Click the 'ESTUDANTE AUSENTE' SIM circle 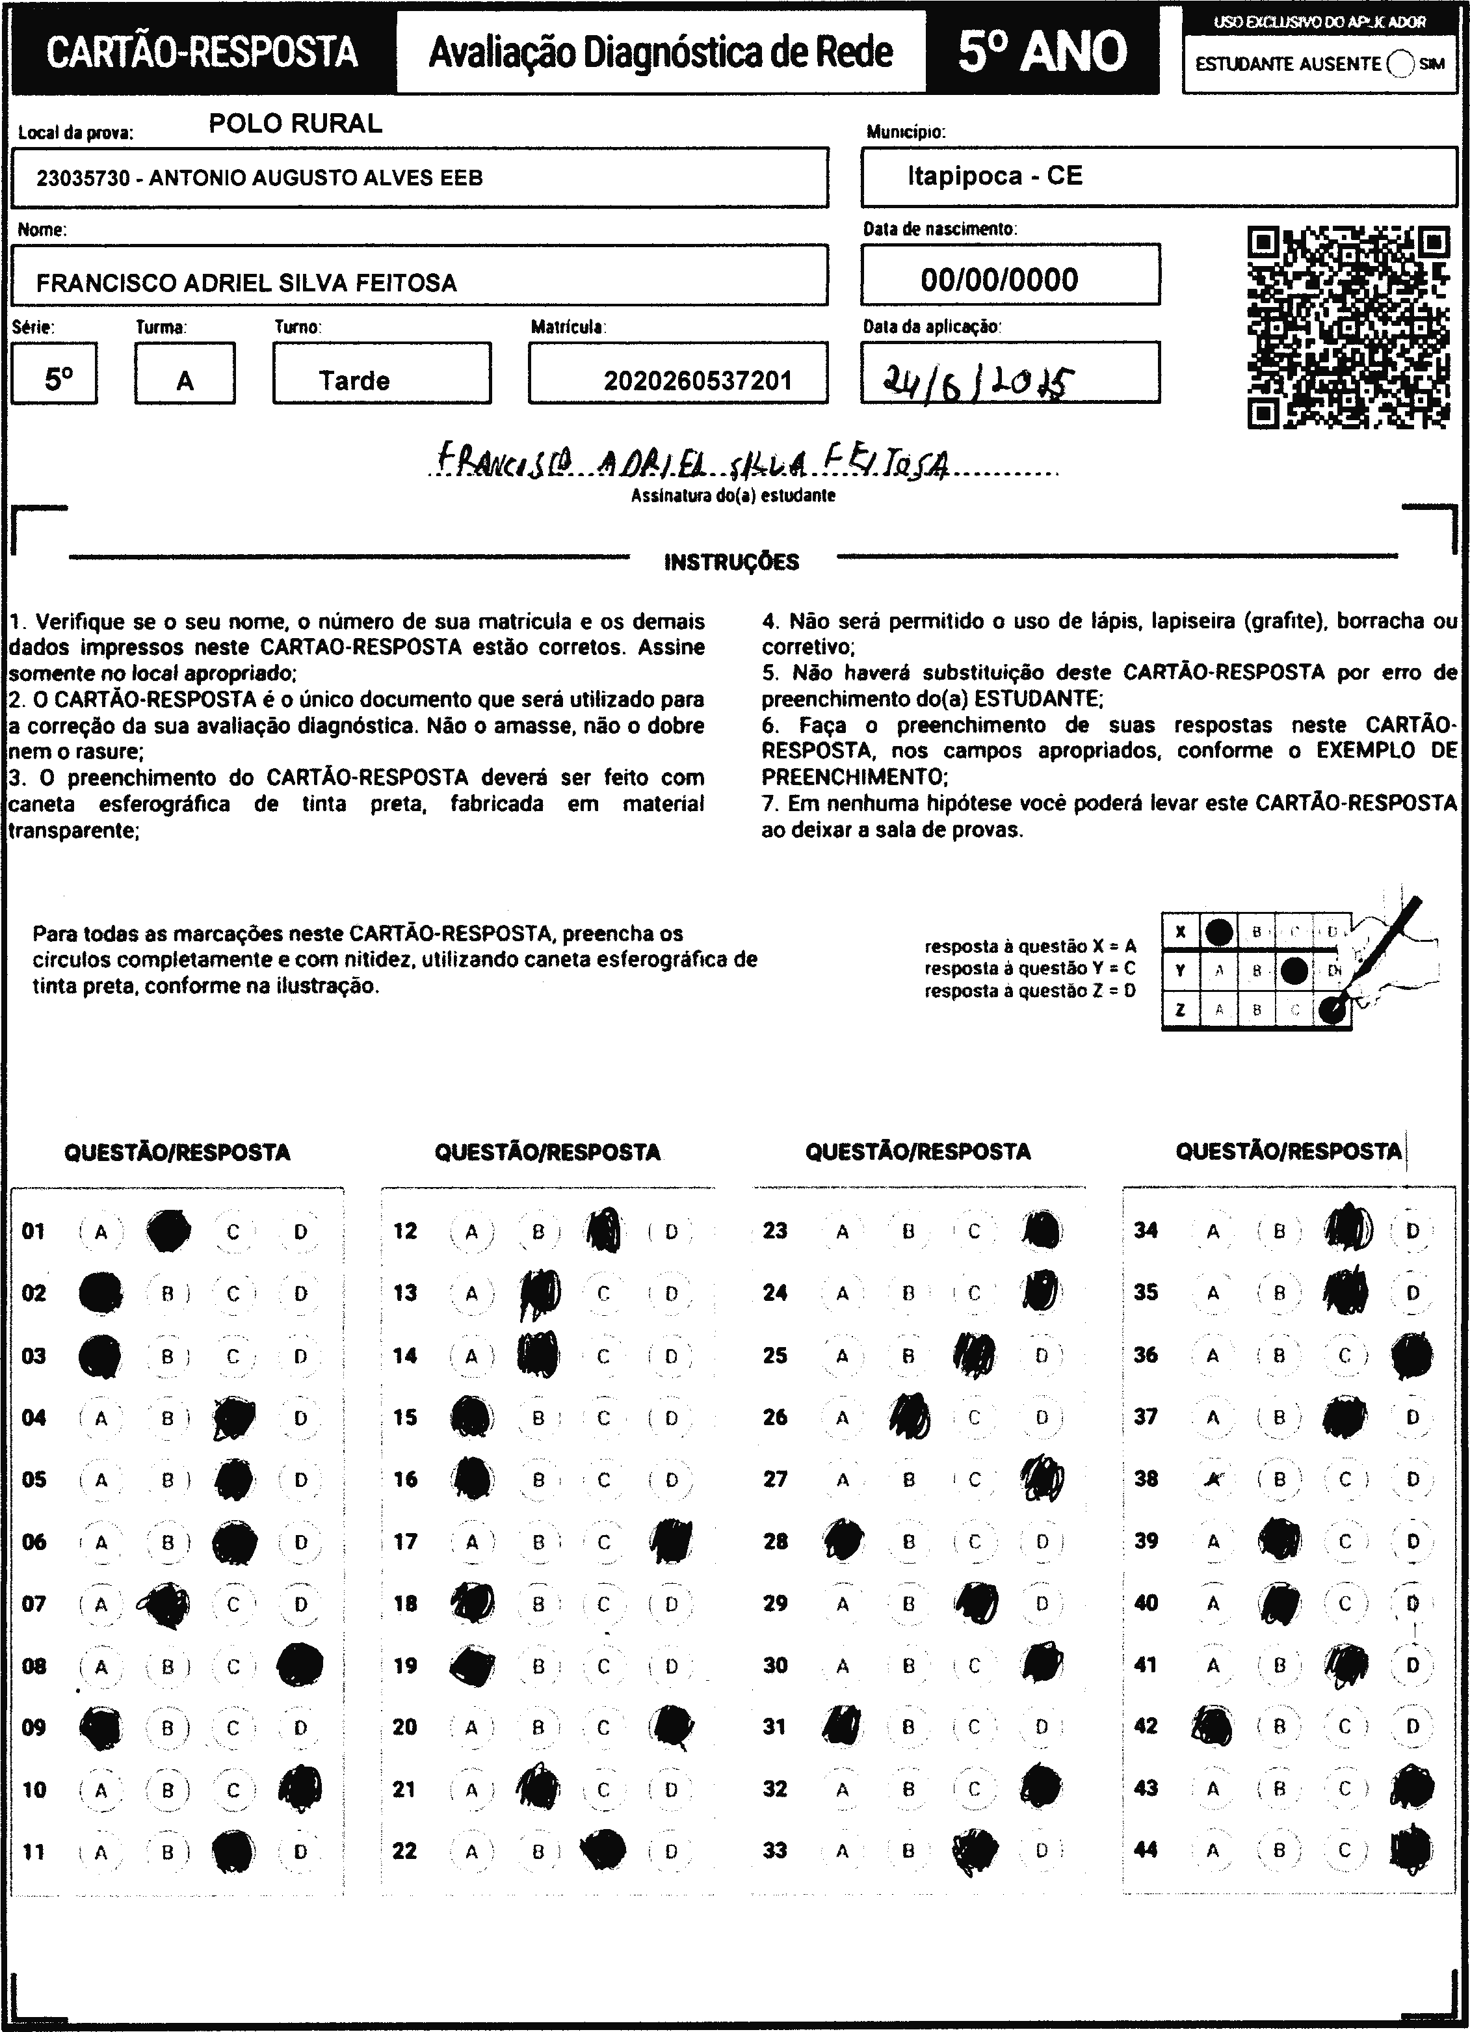click(x=1399, y=64)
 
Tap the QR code click(x=1348, y=328)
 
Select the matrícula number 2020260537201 click(x=698, y=381)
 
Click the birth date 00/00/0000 click(x=999, y=280)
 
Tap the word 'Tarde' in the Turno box click(x=355, y=381)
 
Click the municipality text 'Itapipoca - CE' click(x=994, y=176)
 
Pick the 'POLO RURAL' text click(x=296, y=124)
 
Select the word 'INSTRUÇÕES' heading click(x=732, y=562)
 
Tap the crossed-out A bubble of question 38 click(x=1213, y=1479)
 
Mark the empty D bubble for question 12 click(x=671, y=1231)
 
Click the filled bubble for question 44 click(x=1411, y=1850)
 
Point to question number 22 click(x=405, y=1850)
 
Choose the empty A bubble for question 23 click(x=842, y=1231)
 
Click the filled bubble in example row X click(x=1218, y=932)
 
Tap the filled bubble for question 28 click(x=843, y=1541)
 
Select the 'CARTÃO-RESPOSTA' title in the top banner click(x=202, y=52)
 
